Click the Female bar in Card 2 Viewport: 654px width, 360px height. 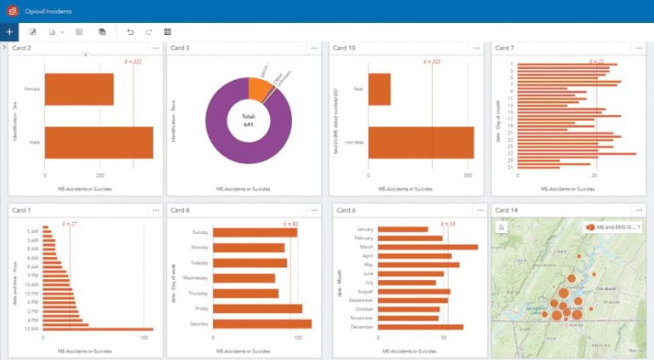click(x=78, y=89)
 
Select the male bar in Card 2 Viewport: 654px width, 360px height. click(x=98, y=143)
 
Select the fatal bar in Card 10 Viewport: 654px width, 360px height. click(x=379, y=89)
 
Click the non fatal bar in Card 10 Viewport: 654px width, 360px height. click(x=421, y=143)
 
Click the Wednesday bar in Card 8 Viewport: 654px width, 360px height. click(x=244, y=277)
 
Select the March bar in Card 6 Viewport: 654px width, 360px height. click(x=427, y=248)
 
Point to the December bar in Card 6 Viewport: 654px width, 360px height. click(x=420, y=327)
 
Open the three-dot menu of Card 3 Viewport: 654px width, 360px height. click(x=318, y=49)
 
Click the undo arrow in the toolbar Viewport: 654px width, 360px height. click(x=130, y=31)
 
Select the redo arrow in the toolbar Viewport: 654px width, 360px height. click(x=149, y=31)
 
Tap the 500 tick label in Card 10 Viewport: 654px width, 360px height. click(x=468, y=174)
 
